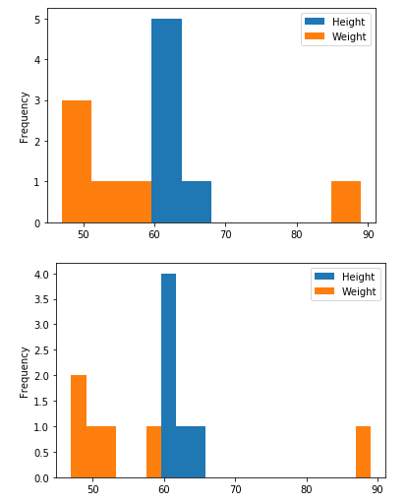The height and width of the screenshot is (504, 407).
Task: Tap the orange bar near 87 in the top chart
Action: (346, 202)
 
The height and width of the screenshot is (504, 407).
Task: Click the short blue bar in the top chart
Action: (197, 202)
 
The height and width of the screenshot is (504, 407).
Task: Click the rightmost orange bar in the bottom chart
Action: (363, 452)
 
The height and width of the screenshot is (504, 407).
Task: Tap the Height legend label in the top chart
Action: (348, 22)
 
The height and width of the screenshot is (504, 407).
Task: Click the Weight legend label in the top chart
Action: (348, 36)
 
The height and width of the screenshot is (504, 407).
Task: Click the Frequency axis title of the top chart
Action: (26, 117)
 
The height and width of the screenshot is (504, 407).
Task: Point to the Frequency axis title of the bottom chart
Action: (26, 371)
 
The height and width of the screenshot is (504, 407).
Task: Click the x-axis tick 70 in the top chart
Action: (226, 235)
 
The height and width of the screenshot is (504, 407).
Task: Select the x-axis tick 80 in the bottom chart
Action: (307, 489)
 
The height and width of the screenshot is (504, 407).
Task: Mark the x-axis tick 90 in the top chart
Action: (368, 235)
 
